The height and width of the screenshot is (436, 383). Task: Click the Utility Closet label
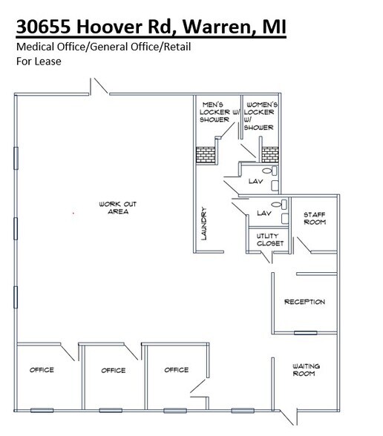point(266,240)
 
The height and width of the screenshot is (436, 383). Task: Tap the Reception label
point(304,302)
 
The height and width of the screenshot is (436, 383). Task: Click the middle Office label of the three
point(114,370)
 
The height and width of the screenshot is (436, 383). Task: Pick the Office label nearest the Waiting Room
point(177,370)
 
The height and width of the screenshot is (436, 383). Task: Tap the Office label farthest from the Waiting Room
point(42,370)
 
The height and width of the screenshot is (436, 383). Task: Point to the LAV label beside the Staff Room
point(263,213)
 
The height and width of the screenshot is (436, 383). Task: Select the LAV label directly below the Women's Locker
point(255,181)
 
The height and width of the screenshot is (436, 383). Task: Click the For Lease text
point(39,61)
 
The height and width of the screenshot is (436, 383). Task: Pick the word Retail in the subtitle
point(171,47)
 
